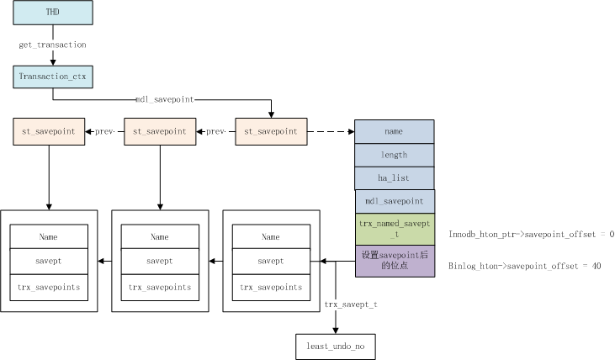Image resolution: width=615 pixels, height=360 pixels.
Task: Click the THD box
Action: (x=53, y=13)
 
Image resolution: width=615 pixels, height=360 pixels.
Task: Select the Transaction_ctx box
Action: (x=53, y=77)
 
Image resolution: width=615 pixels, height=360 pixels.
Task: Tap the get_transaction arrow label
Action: (x=52, y=45)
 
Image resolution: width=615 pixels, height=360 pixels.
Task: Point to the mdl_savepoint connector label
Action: (x=165, y=99)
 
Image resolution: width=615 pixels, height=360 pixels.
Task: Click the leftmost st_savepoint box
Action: (x=49, y=132)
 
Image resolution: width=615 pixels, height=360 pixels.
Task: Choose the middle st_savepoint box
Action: (x=160, y=132)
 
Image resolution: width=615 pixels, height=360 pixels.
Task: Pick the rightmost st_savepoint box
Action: (x=271, y=132)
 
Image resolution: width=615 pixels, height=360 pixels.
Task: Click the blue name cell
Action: (x=395, y=132)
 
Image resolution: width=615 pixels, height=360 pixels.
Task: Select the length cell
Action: (x=395, y=156)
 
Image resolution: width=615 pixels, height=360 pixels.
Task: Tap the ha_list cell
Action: (x=395, y=178)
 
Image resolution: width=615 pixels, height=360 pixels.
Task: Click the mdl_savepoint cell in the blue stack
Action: (x=395, y=202)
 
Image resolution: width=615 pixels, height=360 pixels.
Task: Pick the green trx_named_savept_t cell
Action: (x=395, y=230)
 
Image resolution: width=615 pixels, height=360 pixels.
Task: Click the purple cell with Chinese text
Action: (x=395, y=262)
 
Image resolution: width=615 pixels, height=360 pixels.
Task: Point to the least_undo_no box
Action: (x=336, y=347)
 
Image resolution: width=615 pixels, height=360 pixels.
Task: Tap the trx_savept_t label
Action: (x=351, y=304)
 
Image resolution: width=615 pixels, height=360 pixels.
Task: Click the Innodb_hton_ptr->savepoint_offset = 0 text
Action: (x=532, y=235)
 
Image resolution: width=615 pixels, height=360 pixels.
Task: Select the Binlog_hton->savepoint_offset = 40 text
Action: (x=525, y=267)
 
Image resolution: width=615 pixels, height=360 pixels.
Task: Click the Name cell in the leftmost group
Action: (x=49, y=236)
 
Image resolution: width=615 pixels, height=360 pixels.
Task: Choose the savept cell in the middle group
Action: (x=160, y=262)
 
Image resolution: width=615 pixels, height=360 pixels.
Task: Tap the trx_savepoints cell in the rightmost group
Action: (x=271, y=288)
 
